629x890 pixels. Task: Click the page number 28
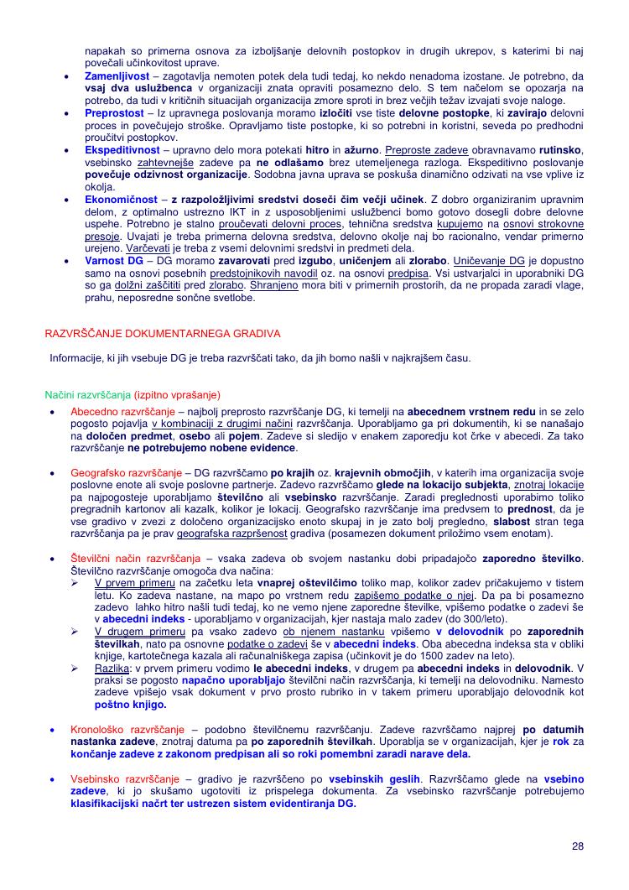pyautogui.click(x=578, y=846)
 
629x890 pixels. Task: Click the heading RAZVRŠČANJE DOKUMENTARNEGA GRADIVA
pyautogui.click(x=163, y=334)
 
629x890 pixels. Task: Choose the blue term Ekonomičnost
pyautogui.click(x=121, y=199)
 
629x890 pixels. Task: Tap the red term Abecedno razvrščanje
pyautogui.click(x=122, y=413)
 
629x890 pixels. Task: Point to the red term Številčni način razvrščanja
pyautogui.click(x=135, y=559)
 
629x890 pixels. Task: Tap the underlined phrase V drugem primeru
pyautogui.click(x=133, y=632)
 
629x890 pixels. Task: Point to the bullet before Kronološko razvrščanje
pyautogui.click(x=53, y=731)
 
